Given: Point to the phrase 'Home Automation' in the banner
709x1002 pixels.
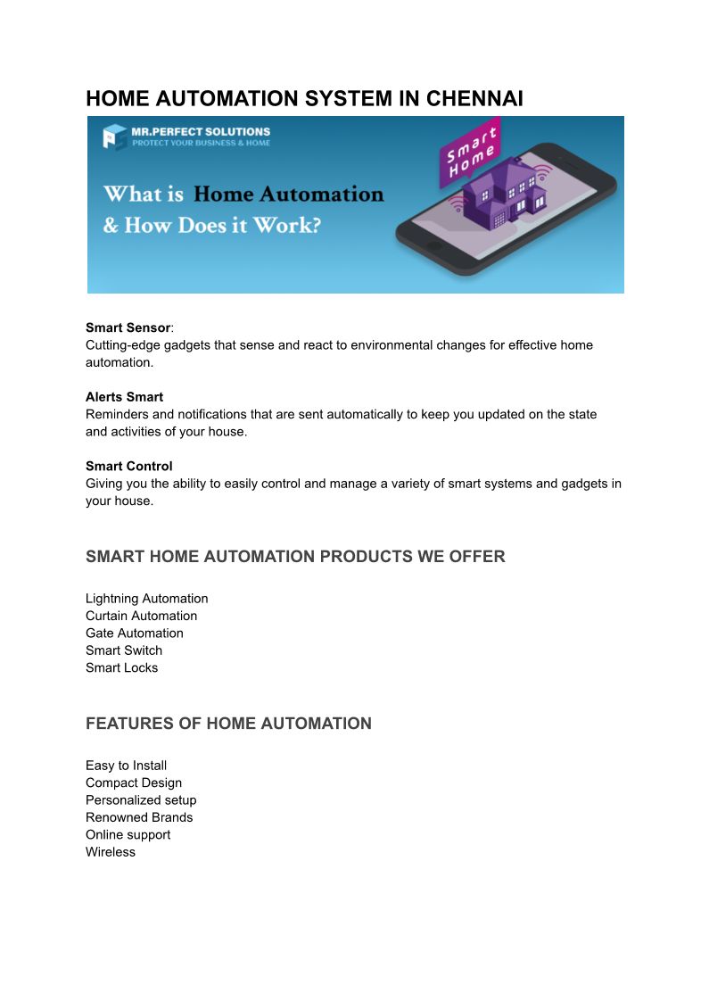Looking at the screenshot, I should coord(288,194).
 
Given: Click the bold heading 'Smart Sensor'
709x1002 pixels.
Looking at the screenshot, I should coord(128,327).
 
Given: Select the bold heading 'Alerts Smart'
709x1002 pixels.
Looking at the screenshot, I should coord(124,397).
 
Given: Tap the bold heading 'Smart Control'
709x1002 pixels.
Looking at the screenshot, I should coord(128,466).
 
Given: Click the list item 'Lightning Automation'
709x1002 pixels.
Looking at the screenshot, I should coord(146,599).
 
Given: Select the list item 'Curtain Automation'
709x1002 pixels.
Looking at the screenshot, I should coord(141,616).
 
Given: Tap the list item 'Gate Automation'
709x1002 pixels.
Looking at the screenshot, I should coord(134,633).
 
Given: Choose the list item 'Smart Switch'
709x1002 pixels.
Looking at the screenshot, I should coord(124,650).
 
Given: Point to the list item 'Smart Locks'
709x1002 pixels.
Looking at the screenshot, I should coord(121,667).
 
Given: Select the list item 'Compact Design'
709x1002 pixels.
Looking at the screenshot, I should coord(134,783).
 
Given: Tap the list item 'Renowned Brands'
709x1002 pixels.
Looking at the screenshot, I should coord(139,817).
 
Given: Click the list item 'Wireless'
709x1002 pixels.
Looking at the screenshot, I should coord(111,852).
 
